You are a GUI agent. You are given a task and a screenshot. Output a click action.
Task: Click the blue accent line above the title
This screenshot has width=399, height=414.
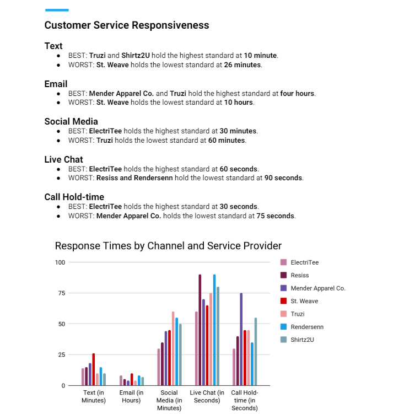coord(57,10)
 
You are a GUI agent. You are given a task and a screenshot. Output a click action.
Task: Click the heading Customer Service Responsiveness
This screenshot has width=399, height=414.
coord(127,25)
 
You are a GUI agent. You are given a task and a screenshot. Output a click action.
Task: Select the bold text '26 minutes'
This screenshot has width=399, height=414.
coord(242,65)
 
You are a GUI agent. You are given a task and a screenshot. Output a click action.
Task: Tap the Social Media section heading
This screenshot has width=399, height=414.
coord(71,121)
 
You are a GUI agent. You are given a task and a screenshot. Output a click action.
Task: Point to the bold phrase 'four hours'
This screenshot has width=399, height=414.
coord(297,94)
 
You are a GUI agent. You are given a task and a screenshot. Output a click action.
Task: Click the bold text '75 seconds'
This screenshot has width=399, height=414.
coord(275,216)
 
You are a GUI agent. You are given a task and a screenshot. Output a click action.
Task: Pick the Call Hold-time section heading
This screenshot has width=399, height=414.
coord(74,197)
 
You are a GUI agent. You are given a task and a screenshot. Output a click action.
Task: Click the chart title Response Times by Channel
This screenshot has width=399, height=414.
coord(168,246)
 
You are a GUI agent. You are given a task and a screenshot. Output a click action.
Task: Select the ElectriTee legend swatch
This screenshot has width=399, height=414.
coord(283,262)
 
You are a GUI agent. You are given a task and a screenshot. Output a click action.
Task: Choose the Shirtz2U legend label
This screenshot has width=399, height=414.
coord(302,340)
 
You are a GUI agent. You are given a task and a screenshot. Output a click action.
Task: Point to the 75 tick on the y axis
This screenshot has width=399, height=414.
coord(62,293)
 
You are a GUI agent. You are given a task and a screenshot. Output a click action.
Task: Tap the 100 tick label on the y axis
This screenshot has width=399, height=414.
coord(60,262)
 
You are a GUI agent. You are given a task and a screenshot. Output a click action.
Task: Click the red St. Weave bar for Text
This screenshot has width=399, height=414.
coord(94,369)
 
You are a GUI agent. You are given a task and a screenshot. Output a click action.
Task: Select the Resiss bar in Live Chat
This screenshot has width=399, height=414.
coord(199,330)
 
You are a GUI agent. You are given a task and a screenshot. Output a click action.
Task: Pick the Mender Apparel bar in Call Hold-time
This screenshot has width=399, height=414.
coord(241,339)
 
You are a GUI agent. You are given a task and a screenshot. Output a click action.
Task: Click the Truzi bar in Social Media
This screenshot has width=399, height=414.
coord(173,348)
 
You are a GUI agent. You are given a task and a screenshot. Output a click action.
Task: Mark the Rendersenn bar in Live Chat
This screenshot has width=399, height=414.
coord(214,330)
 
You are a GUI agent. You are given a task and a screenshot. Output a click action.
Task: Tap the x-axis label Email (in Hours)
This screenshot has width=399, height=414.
coord(131,396)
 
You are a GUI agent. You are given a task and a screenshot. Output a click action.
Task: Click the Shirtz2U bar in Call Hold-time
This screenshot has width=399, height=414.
coord(256,352)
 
